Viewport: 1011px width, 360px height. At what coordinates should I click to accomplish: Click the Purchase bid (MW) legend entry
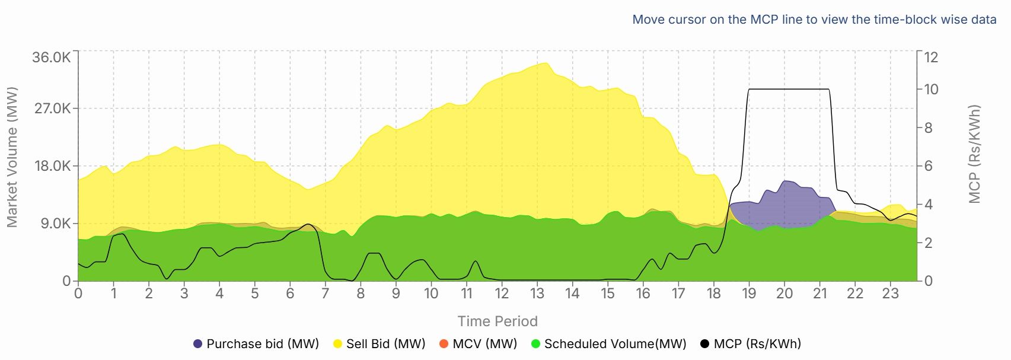pos(256,344)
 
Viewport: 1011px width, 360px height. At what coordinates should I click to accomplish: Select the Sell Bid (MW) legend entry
pos(379,344)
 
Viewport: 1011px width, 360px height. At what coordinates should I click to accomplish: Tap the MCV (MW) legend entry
pos(478,344)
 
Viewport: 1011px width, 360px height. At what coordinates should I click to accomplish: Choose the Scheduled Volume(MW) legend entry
pos(608,344)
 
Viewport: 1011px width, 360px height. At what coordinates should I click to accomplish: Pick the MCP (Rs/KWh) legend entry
pos(751,344)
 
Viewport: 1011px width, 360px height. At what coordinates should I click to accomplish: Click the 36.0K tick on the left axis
pos(51,58)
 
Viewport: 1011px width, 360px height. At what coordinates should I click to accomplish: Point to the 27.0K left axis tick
pos(51,109)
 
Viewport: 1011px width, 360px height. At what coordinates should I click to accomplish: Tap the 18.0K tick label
pos(51,166)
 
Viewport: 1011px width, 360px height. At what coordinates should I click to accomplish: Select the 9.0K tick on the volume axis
pos(55,224)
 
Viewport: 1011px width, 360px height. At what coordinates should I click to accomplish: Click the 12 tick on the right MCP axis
pos(931,58)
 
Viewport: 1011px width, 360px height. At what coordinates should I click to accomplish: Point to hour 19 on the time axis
pos(749,294)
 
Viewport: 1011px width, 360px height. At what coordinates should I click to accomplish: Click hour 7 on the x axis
pos(325,294)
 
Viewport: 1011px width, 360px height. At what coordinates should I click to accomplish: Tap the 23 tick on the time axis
pos(890,294)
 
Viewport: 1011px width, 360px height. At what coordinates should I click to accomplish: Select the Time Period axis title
pos(497,321)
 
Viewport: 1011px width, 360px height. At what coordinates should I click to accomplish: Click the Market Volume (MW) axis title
pos(12,157)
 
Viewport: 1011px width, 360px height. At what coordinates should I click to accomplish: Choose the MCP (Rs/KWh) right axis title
pos(974,154)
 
